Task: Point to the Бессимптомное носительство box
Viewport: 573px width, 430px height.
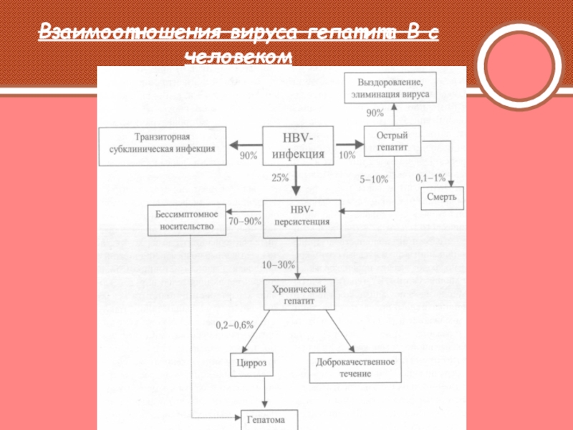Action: pyautogui.click(x=186, y=220)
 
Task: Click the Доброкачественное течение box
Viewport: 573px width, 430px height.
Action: pyautogui.click(x=356, y=367)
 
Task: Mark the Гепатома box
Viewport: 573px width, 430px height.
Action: pyautogui.click(x=266, y=420)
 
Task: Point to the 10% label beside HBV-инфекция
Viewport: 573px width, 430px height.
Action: pyautogui.click(x=347, y=156)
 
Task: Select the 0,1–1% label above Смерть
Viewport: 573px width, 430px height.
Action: pyautogui.click(x=430, y=177)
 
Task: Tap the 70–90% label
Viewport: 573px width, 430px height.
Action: pyautogui.click(x=244, y=222)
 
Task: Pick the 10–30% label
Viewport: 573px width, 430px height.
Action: pyautogui.click(x=278, y=264)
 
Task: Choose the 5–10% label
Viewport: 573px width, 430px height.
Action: pyautogui.click(x=373, y=179)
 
